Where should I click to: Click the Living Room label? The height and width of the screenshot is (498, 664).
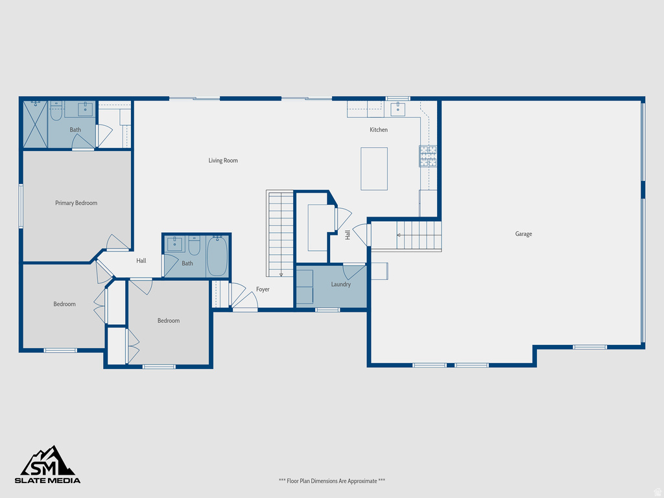click(223, 161)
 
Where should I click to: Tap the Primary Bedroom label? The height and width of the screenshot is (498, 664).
click(76, 203)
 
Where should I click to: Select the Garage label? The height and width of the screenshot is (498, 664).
click(523, 234)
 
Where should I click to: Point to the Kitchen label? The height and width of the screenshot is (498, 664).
click(379, 130)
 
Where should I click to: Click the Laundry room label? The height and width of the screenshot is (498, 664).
click(340, 285)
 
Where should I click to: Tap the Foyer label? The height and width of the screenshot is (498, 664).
click(263, 289)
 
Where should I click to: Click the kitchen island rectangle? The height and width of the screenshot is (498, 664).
click(374, 169)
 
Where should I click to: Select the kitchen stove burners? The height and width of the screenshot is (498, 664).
click(428, 156)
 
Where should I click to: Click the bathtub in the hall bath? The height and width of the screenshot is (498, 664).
click(217, 256)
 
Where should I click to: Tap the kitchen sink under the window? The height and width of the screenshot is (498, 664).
click(397, 109)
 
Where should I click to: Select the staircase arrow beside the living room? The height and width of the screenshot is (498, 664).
click(281, 274)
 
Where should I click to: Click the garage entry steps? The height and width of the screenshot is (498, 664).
click(418, 236)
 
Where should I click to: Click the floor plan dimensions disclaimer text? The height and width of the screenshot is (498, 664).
click(331, 480)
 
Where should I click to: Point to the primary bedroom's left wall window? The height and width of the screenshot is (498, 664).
click(21, 206)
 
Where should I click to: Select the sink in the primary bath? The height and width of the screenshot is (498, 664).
click(86, 109)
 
